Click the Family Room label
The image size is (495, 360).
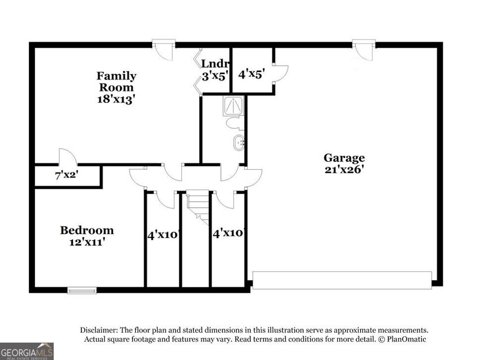coord(116,81)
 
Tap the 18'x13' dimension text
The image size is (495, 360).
coord(116,99)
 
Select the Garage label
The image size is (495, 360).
coord(344,157)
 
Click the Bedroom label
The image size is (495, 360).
coord(87,230)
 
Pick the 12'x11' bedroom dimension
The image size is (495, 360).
coord(87,242)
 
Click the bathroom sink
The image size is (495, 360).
coord(239,143)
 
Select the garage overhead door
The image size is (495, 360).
coord(342,280)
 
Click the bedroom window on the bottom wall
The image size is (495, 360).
coord(82,290)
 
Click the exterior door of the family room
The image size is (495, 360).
coord(163,49)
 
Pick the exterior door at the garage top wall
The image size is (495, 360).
coord(364,49)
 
